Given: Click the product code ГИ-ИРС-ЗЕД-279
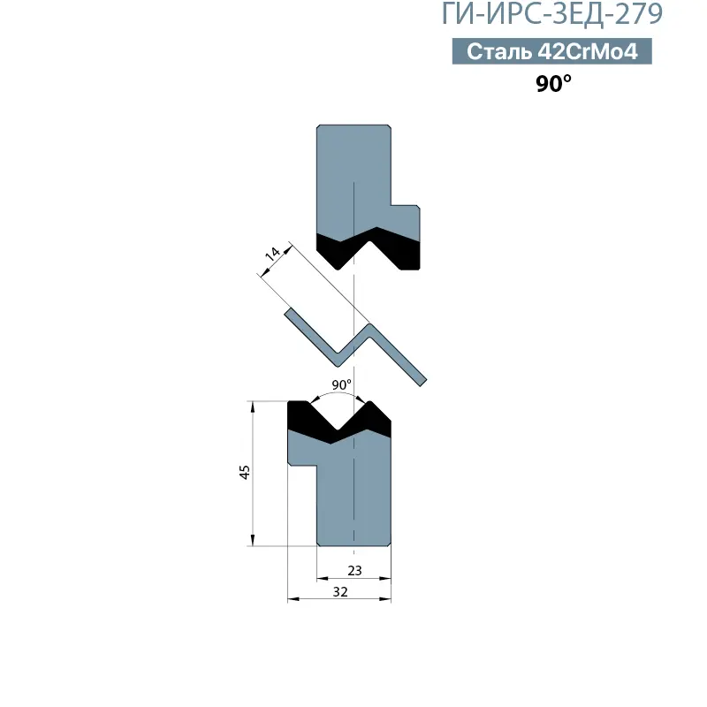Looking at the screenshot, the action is tap(551, 13).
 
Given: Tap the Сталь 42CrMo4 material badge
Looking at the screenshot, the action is tap(551, 51).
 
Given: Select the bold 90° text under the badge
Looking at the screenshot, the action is tap(553, 83).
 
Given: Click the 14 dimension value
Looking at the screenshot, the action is tap(272, 254).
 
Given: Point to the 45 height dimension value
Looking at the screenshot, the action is tap(245, 472).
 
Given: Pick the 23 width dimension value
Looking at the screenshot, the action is tap(354, 571).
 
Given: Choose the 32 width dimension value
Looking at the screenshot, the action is tap(340, 591).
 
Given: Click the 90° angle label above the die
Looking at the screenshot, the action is tap(341, 384).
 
